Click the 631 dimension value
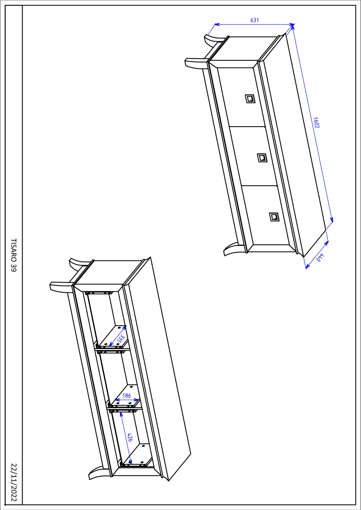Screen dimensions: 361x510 tap(255, 20)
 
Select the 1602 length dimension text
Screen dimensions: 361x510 tap(316, 122)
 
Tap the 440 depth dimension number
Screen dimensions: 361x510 tap(320, 257)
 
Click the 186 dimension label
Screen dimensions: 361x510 tap(126, 396)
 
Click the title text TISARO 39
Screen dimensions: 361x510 tap(14, 255)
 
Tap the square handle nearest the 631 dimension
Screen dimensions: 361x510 tap(250, 99)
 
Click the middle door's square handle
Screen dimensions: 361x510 tap(262, 158)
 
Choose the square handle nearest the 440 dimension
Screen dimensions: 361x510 tap(274, 217)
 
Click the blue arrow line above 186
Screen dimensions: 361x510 tap(127, 400)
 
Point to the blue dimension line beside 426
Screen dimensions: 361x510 tap(125, 438)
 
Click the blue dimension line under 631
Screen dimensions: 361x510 tap(255, 24)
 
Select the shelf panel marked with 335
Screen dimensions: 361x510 tap(112, 337)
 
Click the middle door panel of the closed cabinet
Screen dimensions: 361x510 tap(254, 156)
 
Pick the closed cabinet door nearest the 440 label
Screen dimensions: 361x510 tap(266, 215)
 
